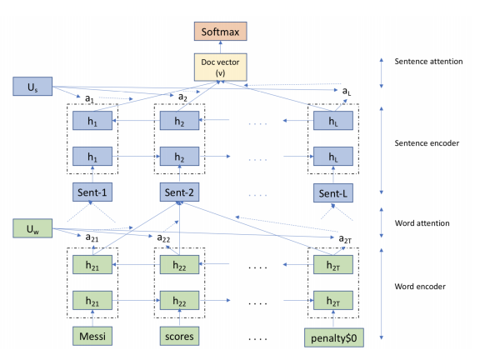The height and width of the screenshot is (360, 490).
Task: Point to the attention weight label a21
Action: tap(92, 237)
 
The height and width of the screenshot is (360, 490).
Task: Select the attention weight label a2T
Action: tap(343, 238)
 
